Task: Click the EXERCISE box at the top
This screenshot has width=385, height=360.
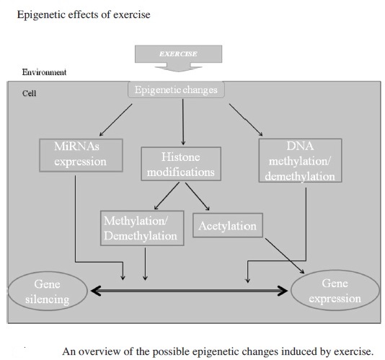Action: [x=179, y=54]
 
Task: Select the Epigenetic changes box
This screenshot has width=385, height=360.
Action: [x=176, y=89]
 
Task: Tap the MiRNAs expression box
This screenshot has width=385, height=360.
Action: [x=81, y=155]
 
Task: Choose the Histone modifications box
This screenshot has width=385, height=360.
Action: [x=181, y=164]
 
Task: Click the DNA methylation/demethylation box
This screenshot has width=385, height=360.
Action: [x=301, y=160]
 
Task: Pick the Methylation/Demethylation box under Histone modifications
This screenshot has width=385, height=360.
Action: [x=142, y=228]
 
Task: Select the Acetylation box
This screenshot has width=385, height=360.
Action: [x=228, y=225]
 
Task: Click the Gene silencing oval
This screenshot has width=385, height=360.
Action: [x=48, y=291]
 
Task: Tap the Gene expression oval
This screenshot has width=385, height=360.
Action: [x=335, y=291]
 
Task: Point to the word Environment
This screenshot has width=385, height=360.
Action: [x=44, y=72]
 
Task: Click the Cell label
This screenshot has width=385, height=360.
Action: [x=30, y=93]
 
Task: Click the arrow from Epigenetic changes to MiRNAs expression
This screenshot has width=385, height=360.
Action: [x=115, y=120]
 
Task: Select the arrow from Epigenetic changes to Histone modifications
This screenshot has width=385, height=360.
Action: [x=183, y=122]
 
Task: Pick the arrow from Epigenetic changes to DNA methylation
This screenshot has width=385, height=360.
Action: [x=246, y=120]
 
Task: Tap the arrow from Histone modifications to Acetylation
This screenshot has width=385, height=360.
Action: [x=197, y=196]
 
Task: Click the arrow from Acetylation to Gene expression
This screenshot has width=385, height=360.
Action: [x=285, y=256]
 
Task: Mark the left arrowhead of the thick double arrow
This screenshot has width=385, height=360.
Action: [x=97, y=291]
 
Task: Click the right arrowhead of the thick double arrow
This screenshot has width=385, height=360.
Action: [x=283, y=291]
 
